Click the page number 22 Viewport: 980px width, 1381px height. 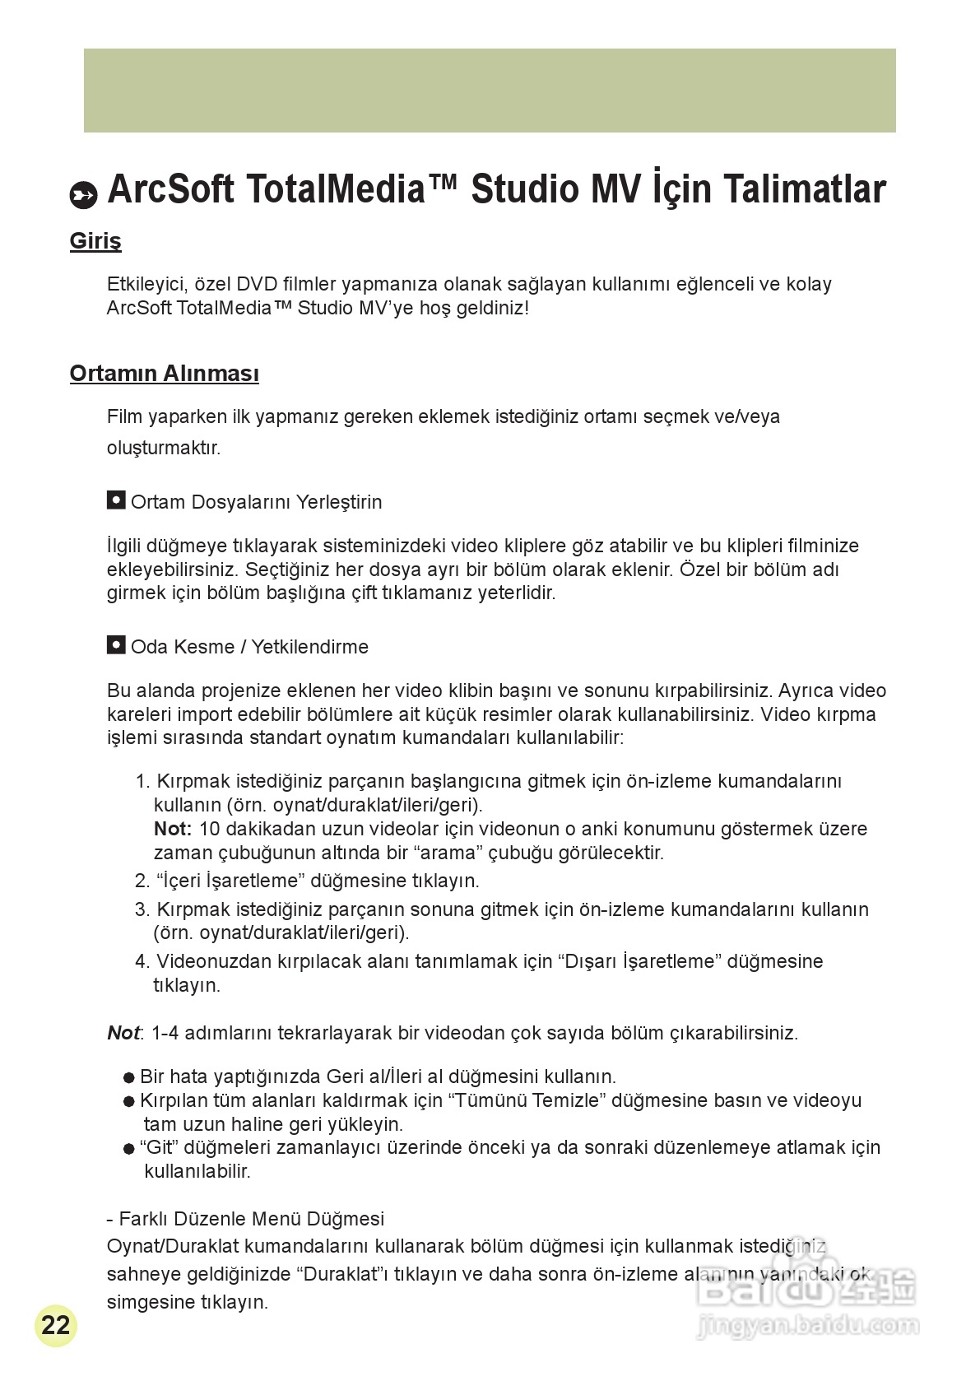tap(55, 1325)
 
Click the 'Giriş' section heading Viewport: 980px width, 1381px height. tap(95, 242)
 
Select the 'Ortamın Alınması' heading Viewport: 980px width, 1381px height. tap(164, 374)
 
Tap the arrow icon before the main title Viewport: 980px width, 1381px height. tap(84, 194)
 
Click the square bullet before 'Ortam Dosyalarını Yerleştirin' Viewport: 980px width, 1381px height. tap(116, 500)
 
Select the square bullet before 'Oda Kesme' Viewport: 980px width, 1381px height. tap(116, 645)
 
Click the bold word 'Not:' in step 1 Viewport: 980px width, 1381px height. tap(173, 829)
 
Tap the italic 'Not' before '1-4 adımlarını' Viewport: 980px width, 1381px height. tap(123, 1033)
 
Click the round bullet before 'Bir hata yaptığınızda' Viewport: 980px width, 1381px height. tap(128, 1077)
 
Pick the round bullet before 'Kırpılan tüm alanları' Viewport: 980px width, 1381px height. tap(128, 1101)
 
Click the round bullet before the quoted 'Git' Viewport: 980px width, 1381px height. tap(128, 1148)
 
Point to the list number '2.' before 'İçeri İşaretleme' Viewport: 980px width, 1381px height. tap(142, 881)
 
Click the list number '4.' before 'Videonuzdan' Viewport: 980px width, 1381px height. tap(142, 961)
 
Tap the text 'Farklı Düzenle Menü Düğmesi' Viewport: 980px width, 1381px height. tap(251, 1219)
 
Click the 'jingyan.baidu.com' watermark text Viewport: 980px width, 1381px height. tap(806, 1326)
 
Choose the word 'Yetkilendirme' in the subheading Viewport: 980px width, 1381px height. tap(309, 647)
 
